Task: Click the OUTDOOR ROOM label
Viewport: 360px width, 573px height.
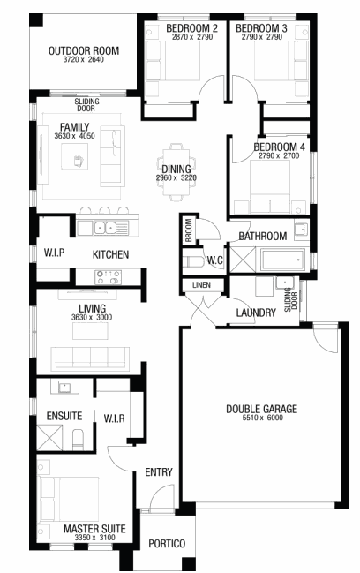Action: (x=84, y=50)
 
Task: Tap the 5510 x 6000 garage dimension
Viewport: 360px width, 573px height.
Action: (x=262, y=418)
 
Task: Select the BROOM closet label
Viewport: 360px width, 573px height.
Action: (x=189, y=230)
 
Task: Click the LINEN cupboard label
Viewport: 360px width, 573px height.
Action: (x=201, y=284)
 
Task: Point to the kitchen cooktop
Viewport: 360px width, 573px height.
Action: (x=108, y=277)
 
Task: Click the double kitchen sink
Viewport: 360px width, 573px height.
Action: (x=105, y=228)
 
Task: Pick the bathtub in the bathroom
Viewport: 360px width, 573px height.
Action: (x=282, y=260)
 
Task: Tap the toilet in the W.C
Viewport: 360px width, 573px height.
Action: (x=192, y=261)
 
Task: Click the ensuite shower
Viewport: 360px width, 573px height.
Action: (x=49, y=437)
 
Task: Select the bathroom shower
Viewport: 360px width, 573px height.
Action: (x=244, y=260)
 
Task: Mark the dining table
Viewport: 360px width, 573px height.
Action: (x=176, y=172)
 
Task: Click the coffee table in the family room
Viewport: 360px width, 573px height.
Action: (x=74, y=156)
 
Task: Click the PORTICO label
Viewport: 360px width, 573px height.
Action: (x=167, y=543)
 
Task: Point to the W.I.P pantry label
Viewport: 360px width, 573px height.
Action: (x=55, y=253)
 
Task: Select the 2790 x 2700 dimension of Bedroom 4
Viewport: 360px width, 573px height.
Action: (x=279, y=155)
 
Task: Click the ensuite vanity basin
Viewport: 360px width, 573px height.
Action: (x=65, y=387)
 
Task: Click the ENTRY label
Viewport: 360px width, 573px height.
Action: (x=159, y=472)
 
